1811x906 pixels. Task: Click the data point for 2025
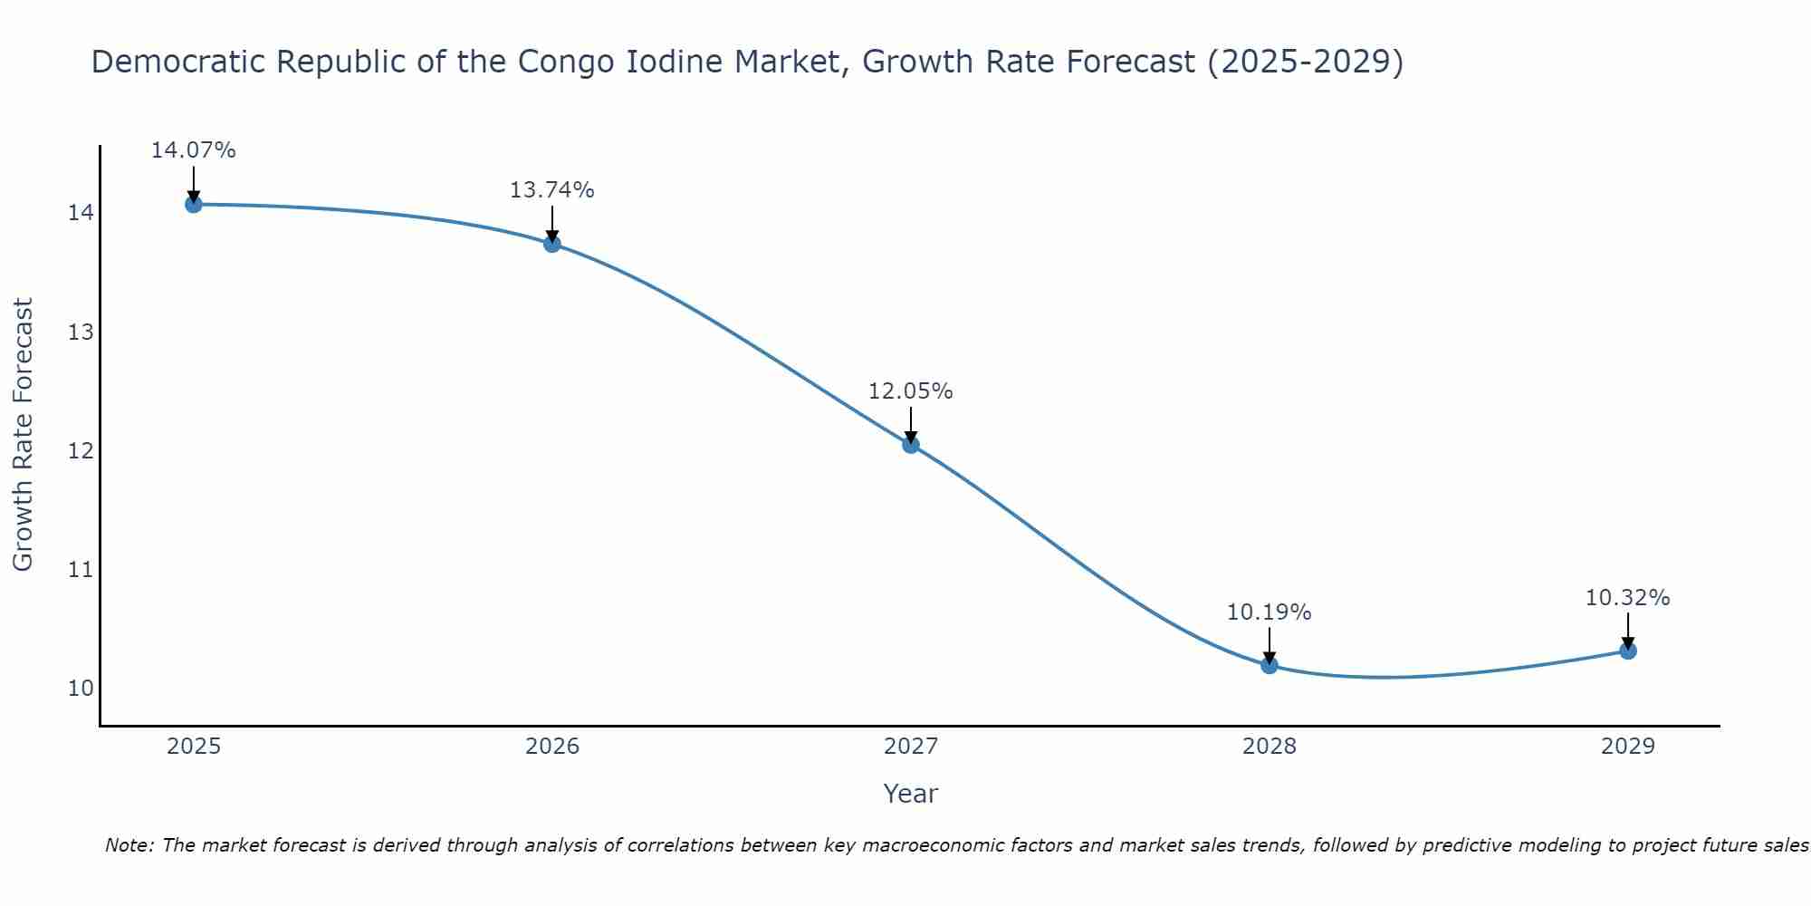(x=193, y=204)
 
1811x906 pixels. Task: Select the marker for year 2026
(x=551, y=243)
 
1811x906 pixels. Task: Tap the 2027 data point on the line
(x=910, y=444)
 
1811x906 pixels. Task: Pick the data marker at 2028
(x=1269, y=665)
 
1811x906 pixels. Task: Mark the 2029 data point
(x=1627, y=650)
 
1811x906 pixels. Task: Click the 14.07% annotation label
(x=193, y=150)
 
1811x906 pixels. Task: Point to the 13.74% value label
(x=551, y=190)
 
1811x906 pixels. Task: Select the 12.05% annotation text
(x=910, y=391)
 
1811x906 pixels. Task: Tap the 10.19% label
(x=1269, y=612)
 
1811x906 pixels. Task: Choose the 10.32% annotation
(x=1627, y=598)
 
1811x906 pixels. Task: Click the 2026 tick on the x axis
(x=552, y=747)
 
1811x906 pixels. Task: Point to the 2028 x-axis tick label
(x=1269, y=747)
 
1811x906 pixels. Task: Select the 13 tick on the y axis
(x=81, y=333)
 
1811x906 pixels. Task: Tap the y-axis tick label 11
(x=81, y=570)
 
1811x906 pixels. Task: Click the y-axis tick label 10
(x=81, y=689)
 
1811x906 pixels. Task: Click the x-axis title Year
(x=910, y=794)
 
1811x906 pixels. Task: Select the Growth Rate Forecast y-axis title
(x=23, y=435)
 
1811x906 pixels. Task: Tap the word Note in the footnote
(x=129, y=845)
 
